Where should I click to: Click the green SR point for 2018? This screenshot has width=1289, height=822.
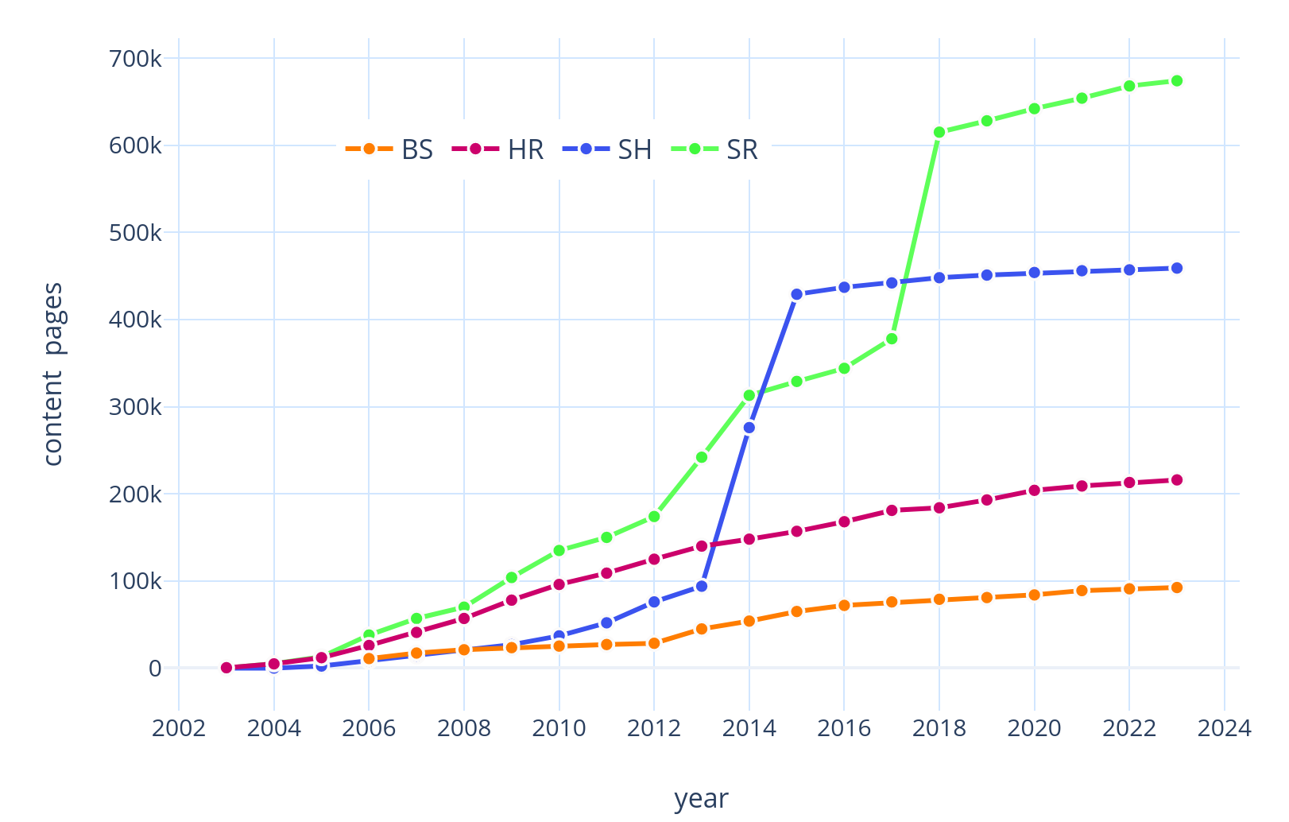[x=939, y=133]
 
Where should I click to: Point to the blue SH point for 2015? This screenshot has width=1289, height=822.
[x=796, y=294]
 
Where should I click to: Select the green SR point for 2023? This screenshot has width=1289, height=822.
[x=1177, y=81]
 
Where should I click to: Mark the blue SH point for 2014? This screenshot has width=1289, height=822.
[x=749, y=428]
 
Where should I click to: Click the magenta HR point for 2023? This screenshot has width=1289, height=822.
[x=1177, y=480]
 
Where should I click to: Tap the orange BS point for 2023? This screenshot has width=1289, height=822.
[x=1177, y=587]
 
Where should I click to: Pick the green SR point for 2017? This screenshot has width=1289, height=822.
[x=892, y=339]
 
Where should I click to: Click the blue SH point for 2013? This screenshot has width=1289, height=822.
[x=701, y=586]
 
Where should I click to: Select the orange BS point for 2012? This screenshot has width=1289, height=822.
[x=654, y=643]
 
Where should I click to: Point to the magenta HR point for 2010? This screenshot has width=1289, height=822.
[x=559, y=584]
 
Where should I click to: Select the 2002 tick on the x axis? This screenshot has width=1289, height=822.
[x=179, y=728]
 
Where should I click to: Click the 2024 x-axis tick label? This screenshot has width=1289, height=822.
[x=1225, y=728]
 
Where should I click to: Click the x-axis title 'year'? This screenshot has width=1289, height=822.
[x=701, y=798]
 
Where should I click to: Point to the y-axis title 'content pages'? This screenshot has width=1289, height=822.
[x=53, y=374]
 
